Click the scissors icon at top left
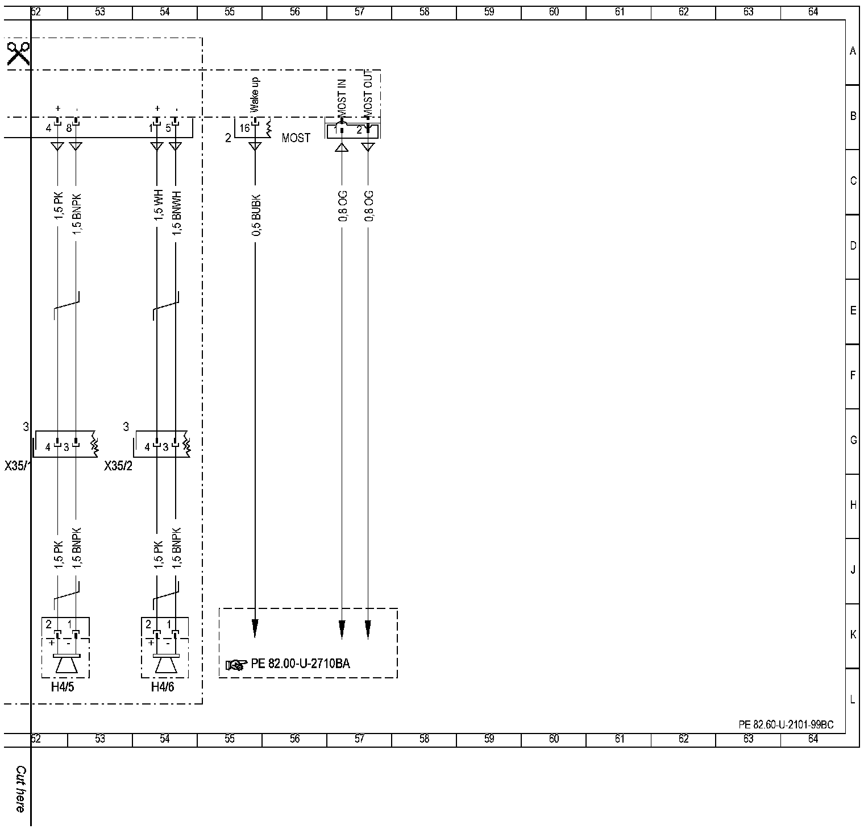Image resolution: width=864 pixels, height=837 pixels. pos(18,54)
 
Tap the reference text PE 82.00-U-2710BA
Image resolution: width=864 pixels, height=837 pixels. pos(301,664)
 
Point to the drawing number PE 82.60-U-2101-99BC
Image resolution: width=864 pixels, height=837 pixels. pos(786,724)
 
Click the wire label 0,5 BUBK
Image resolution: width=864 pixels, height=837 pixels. pos(256,216)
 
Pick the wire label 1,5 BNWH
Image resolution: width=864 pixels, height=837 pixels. pos(177,213)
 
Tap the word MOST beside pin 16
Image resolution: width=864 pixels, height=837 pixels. pos(296,138)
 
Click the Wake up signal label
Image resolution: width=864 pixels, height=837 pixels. pos(255,95)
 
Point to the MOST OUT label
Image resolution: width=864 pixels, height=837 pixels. pos(368,93)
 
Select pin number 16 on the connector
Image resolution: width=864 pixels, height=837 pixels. pos(244,129)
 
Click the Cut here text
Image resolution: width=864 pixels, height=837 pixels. pos(20,789)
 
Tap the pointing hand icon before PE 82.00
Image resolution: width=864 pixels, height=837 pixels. pos(236,665)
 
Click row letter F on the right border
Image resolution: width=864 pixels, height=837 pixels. pos(853,375)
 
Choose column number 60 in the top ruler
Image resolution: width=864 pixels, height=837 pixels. pos(554,11)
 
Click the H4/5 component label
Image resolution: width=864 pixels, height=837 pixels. pos(63,687)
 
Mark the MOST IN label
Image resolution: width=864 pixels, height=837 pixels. pos(342,97)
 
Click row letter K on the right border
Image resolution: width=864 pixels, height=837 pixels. pos(853,635)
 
